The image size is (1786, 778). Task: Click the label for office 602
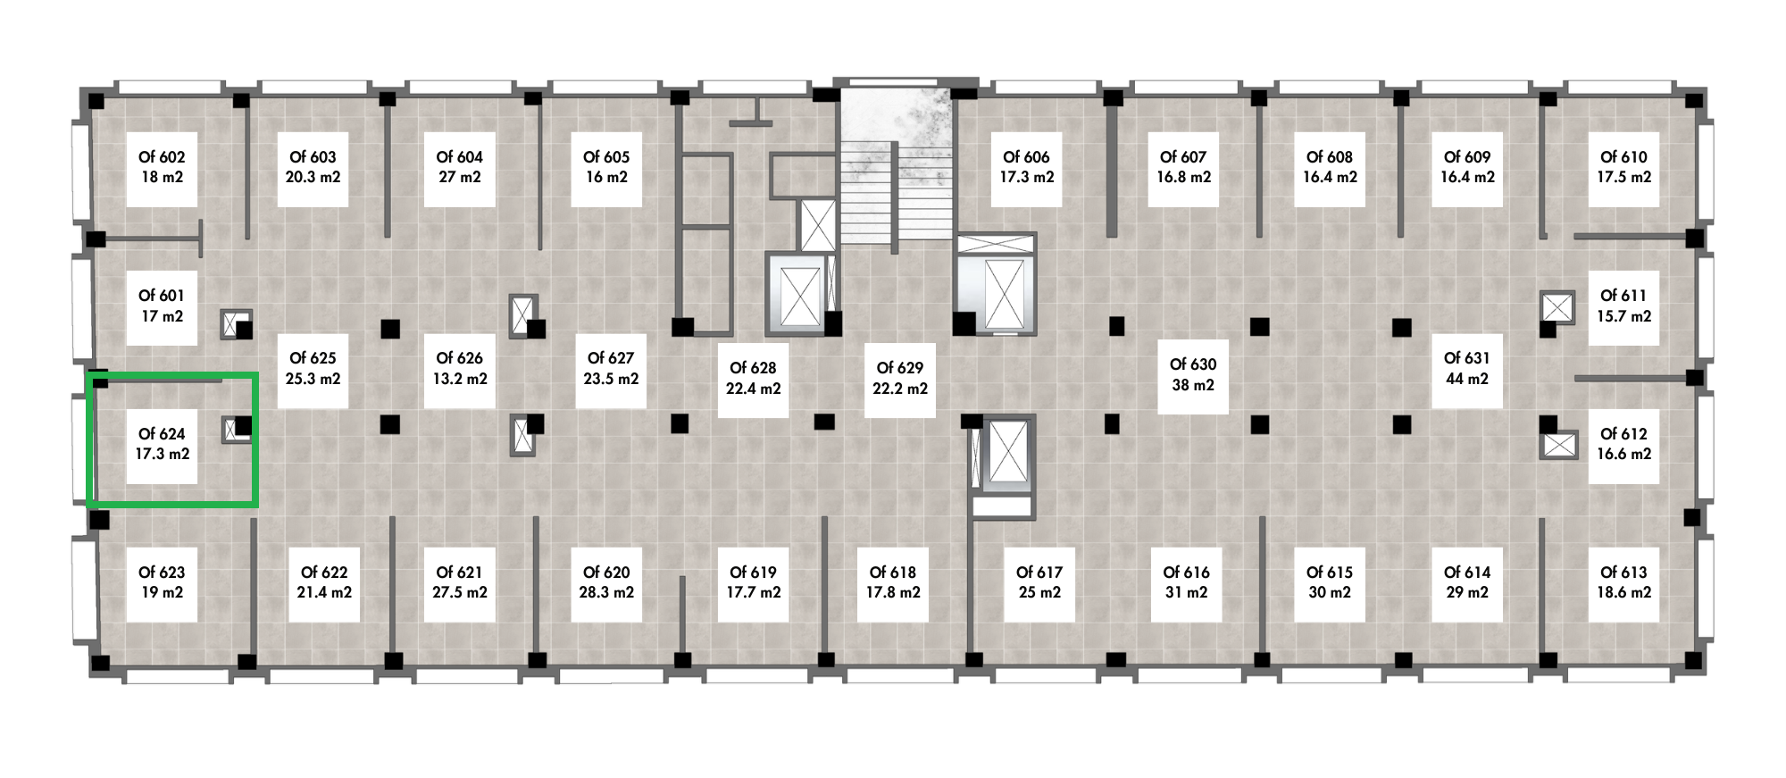click(x=162, y=167)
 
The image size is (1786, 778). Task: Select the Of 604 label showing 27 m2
click(x=459, y=167)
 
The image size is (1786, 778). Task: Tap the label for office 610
click(x=1623, y=167)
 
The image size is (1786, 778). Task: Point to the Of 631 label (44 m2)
click(x=1466, y=368)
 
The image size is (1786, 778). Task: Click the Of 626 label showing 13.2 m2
click(x=459, y=368)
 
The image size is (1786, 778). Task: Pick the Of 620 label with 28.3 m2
click(x=606, y=582)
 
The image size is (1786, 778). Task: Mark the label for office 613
click(x=1623, y=582)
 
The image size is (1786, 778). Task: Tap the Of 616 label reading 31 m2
click(x=1186, y=582)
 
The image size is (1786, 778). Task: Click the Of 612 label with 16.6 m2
click(x=1623, y=444)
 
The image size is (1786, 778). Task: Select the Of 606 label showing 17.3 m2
click(x=1027, y=167)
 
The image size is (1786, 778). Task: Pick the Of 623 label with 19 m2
click(x=162, y=582)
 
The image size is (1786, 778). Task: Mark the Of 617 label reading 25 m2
click(x=1039, y=582)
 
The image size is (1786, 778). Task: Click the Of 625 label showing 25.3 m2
click(x=313, y=368)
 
